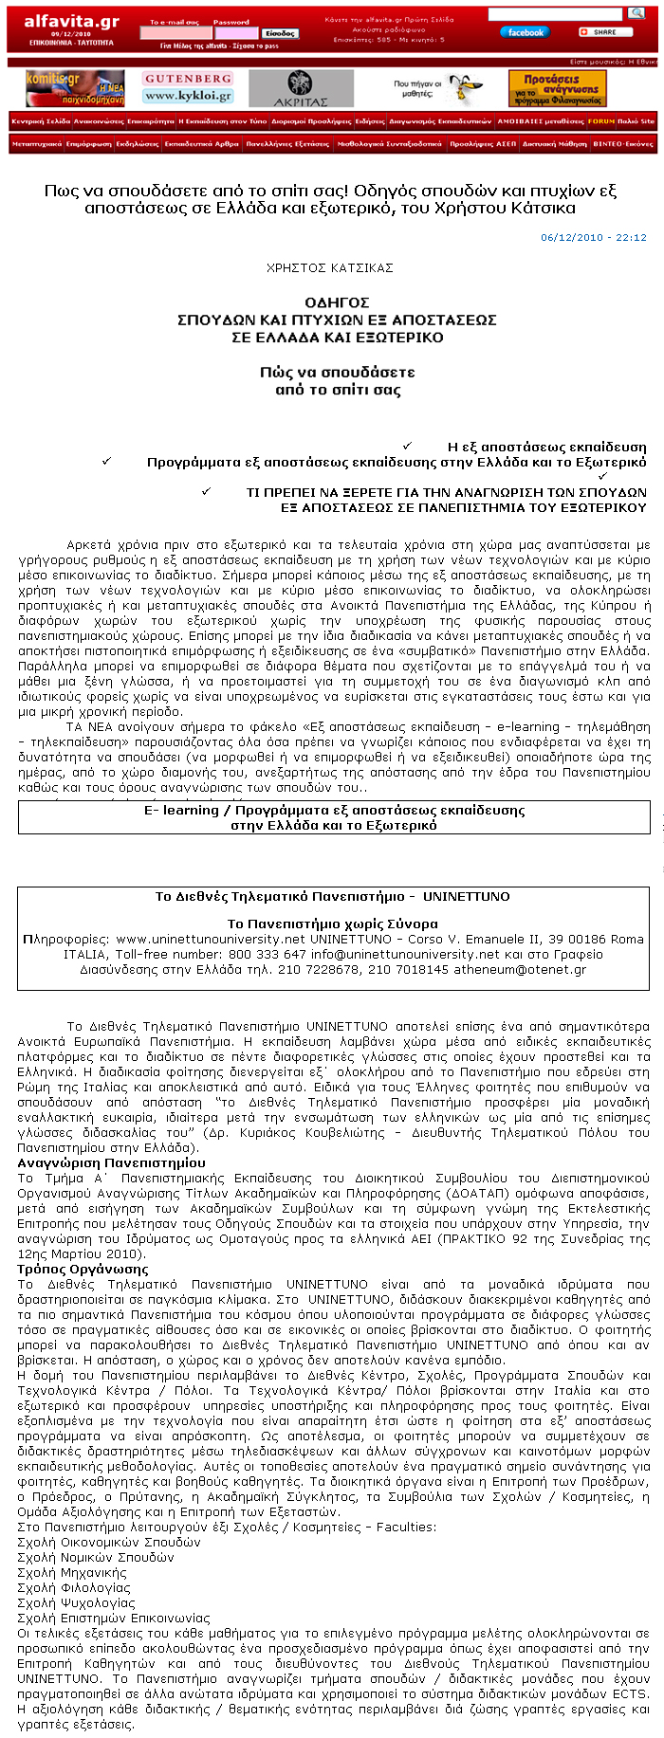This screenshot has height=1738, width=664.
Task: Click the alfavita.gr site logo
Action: [71, 22]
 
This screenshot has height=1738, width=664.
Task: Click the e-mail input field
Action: [175, 33]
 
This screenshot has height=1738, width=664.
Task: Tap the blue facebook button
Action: [525, 32]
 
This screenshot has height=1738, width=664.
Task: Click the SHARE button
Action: [600, 32]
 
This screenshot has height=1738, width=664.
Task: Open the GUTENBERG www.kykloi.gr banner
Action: [189, 88]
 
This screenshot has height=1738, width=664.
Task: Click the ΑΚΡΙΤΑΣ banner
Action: [301, 88]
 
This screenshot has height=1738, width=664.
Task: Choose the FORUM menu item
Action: [600, 121]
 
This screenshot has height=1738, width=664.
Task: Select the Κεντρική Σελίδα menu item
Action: [41, 121]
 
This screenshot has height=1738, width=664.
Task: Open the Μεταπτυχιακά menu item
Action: [37, 144]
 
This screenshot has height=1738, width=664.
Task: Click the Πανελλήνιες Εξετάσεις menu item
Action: [287, 144]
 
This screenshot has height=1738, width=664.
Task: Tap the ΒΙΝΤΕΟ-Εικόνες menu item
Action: [622, 144]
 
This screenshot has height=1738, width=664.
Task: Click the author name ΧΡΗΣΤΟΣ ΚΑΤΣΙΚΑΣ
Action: [329, 268]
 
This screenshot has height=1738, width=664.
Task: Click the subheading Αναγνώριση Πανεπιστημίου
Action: [111, 1162]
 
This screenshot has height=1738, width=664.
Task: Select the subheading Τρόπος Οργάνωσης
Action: [83, 1269]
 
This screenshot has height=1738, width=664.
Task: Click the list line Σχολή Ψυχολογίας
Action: [77, 1602]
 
